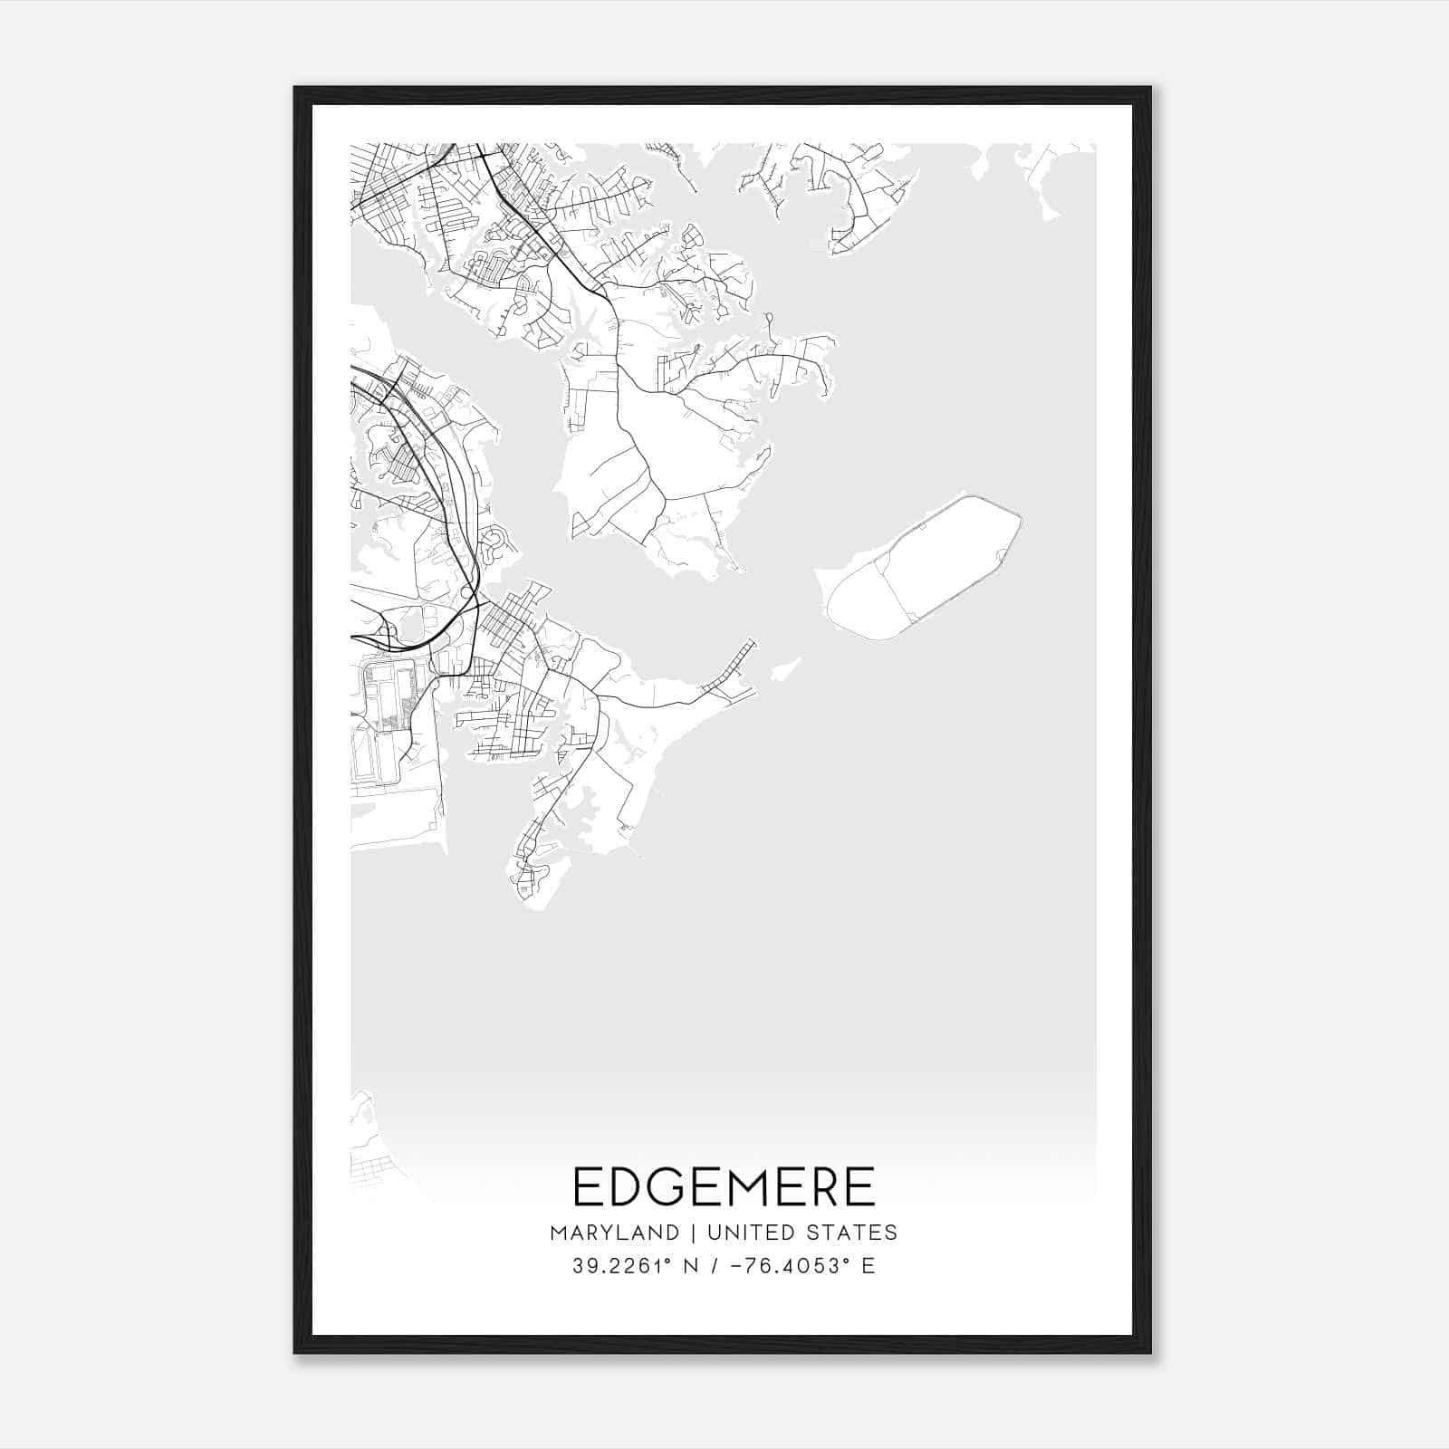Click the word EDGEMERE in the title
[724, 1186]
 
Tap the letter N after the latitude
[692, 1266]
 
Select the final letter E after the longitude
[868, 1266]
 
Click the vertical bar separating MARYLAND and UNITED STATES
[693, 1233]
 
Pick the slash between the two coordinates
[715, 1266]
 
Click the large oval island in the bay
[924, 568]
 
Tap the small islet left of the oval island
[784, 669]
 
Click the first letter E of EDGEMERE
[588, 1186]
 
